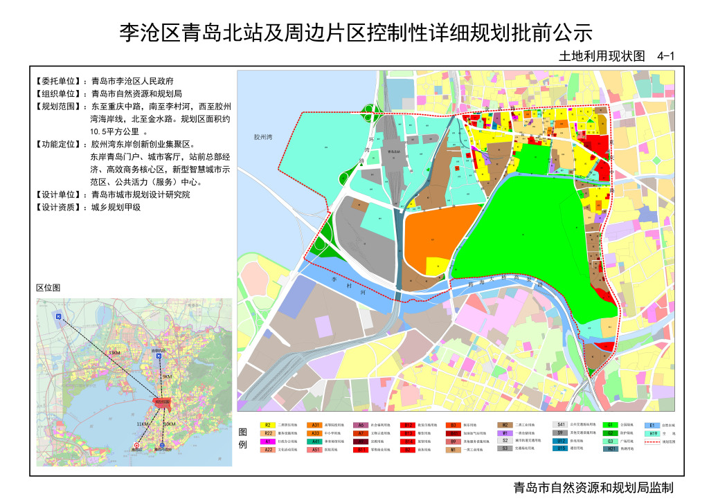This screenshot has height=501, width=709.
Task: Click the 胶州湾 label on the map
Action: tap(264, 138)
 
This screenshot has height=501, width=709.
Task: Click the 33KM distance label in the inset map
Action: tap(114, 353)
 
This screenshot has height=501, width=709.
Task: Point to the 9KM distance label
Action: tap(166, 376)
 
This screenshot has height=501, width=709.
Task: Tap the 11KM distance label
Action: tap(143, 423)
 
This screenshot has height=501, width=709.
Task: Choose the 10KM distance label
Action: tap(169, 423)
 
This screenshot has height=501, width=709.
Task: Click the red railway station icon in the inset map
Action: tap(136, 446)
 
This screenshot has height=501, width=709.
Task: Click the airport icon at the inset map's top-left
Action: tap(59, 316)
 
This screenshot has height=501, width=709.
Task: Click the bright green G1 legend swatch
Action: tap(610, 424)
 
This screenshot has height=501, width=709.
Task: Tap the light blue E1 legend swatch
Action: tap(651, 424)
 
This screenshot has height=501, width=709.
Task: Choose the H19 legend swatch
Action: tap(651, 432)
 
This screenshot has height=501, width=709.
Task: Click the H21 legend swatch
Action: tap(610, 449)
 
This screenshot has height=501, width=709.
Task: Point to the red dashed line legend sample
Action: tap(651, 441)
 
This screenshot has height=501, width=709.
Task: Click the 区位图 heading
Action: tap(48, 287)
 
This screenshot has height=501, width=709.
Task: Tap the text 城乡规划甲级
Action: tap(116, 207)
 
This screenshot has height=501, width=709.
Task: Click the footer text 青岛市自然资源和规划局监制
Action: tap(589, 487)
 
